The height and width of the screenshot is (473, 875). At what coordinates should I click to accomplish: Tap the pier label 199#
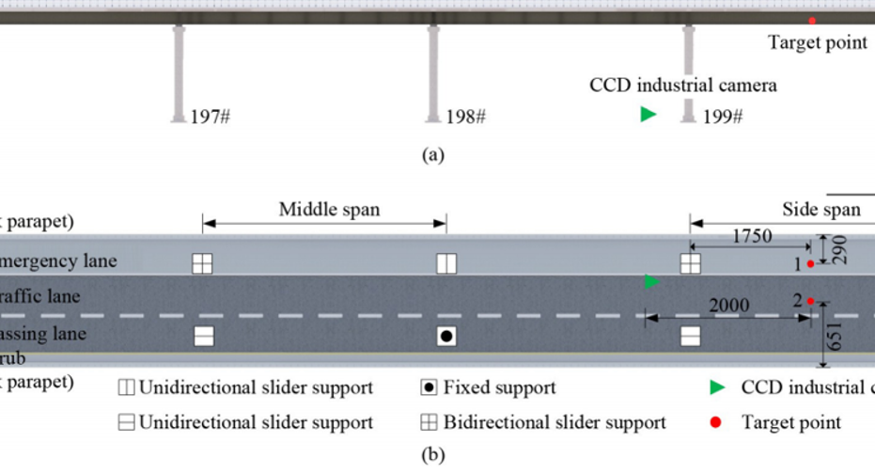coord(724,117)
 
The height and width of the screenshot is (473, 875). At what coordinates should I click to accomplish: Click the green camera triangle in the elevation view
coord(648,115)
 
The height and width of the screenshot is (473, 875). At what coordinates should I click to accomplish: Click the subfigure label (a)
coord(432,155)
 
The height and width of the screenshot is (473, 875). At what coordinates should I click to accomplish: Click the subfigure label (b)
coord(432,457)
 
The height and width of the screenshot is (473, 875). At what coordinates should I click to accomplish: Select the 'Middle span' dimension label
coord(329,209)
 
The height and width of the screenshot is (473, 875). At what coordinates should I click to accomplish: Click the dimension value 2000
coord(729,305)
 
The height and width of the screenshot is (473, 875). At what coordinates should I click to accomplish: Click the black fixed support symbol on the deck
coord(446,336)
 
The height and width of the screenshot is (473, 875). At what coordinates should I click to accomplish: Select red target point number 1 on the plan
coord(810,264)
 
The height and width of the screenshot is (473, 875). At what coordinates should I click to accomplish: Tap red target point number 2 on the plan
coord(809,301)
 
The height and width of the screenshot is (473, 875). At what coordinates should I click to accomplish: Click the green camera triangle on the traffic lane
coord(651,281)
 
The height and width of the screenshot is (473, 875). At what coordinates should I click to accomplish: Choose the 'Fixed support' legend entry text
coord(499,387)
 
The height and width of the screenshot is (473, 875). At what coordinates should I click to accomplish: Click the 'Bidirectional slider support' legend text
coord(555,423)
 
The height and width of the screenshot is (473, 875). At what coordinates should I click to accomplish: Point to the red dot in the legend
coord(716,423)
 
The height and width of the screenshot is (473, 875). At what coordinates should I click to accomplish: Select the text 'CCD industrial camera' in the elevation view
coord(683,86)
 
